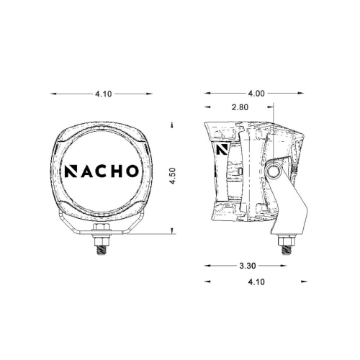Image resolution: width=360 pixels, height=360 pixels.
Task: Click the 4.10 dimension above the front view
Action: point(103,93)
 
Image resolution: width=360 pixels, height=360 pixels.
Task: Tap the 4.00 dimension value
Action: point(256,93)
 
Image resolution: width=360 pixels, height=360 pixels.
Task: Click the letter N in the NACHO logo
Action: point(73,172)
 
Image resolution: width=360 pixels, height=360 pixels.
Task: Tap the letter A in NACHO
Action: point(89,172)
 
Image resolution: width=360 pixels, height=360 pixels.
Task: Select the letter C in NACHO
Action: point(104,172)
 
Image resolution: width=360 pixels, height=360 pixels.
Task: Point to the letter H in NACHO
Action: point(120,172)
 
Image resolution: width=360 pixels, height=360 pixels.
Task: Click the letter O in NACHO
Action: point(135,172)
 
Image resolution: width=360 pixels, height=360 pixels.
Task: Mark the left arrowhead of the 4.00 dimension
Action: point(207,93)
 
